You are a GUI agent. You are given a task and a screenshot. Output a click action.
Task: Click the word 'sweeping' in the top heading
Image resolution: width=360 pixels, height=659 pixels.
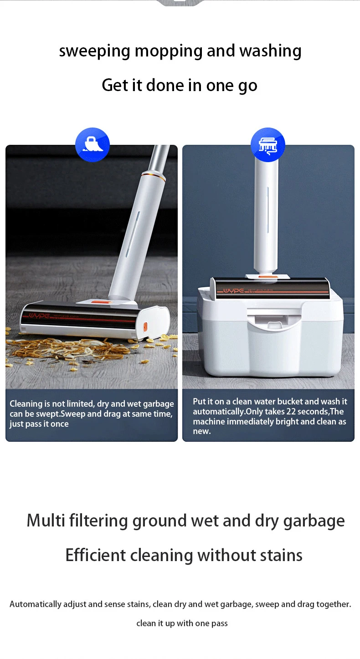[94, 51]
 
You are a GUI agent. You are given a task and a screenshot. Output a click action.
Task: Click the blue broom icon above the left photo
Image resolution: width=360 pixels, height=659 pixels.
[93, 145]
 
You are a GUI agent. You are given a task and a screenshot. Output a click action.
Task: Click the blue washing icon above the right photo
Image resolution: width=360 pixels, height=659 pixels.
[268, 145]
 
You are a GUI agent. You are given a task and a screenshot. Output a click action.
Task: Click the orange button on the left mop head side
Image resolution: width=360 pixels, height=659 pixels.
[145, 327]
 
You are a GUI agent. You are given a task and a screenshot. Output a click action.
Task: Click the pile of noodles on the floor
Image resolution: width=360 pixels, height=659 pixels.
[68, 351]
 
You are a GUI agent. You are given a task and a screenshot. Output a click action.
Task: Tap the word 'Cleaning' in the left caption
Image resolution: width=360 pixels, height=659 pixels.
[26, 404]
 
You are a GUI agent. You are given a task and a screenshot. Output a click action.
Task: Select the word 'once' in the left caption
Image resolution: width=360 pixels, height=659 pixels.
[60, 424]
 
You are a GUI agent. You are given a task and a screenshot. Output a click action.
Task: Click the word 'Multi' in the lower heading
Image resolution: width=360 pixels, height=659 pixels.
[46, 521]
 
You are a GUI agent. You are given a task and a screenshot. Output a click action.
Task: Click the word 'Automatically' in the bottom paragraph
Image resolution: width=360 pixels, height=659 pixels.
[36, 604]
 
